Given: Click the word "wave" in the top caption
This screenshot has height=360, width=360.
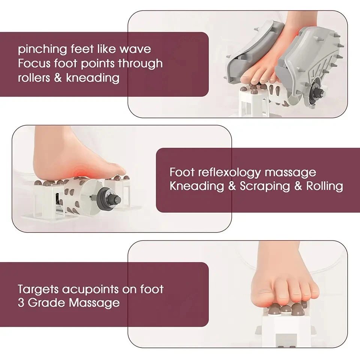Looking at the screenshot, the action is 135,49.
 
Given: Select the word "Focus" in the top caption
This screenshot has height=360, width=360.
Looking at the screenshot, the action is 34,63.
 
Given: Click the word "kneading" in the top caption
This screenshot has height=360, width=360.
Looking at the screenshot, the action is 93,78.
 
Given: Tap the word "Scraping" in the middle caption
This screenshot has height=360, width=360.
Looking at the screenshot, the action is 265,186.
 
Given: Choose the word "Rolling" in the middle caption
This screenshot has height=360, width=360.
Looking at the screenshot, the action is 325,186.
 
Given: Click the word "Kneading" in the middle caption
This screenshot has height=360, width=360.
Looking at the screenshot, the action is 197,186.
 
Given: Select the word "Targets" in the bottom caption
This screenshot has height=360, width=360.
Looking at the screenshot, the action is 38,289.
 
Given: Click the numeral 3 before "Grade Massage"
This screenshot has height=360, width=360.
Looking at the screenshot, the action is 21,303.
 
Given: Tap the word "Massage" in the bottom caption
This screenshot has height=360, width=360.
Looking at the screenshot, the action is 94,303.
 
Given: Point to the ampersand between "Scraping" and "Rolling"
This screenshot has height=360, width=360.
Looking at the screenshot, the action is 298,186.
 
